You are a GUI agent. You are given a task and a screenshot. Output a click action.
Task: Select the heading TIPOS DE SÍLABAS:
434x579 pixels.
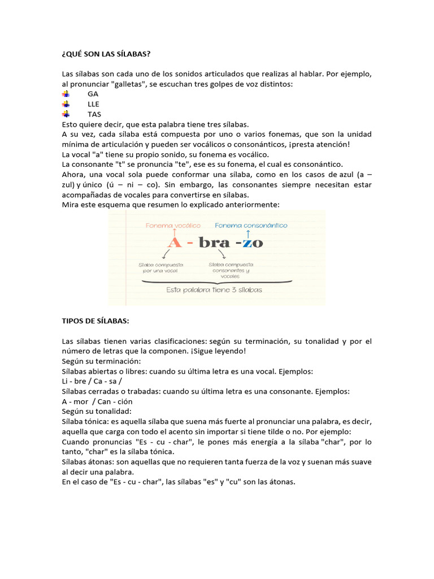tap(96, 321)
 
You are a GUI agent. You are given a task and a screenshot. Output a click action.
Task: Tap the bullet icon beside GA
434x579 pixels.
tap(66, 94)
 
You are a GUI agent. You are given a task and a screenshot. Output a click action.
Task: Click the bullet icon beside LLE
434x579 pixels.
tap(66, 104)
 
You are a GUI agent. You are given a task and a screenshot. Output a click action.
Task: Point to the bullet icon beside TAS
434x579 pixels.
tap(66, 114)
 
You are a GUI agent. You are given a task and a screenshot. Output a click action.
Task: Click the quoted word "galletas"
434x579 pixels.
tap(129, 84)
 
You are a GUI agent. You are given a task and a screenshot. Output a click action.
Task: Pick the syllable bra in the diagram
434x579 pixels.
tap(216, 244)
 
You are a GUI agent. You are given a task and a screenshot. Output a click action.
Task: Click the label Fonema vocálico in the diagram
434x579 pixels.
tap(172, 225)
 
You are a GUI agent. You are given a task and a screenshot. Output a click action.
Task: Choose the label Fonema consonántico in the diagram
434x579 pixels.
tap(251, 225)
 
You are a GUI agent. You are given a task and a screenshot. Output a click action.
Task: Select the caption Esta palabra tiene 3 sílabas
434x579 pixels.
tap(214, 289)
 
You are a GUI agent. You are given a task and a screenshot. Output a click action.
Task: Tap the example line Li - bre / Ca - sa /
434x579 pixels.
tap(93, 381)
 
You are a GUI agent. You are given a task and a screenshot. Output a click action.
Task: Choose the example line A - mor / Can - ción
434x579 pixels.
tap(98, 401)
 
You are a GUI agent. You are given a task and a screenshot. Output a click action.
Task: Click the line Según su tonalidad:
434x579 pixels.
tap(97, 412)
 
